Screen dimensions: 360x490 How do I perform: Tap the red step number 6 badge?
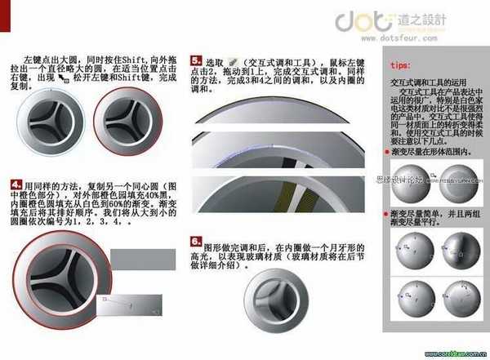[195, 242]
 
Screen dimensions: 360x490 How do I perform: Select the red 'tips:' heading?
[402, 64]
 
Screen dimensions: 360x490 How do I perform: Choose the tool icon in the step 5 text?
[234, 61]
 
